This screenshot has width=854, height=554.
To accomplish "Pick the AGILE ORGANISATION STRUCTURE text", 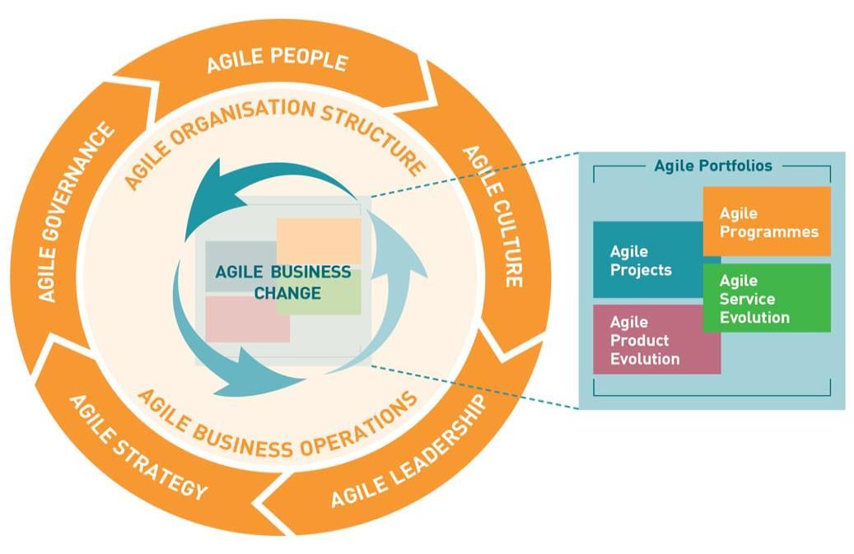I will click(275, 141).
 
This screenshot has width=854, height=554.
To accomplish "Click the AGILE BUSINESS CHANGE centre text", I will click(282, 282).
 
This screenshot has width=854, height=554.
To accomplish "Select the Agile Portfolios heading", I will click(713, 165).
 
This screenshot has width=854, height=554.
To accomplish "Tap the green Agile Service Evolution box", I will click(767, 299).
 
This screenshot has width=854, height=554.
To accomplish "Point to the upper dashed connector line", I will click(474, 175).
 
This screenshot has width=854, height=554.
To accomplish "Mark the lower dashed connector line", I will click(474, 386).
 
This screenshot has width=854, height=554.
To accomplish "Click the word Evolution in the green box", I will click(754, 318).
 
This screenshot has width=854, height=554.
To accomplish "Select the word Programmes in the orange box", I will click(769, 231).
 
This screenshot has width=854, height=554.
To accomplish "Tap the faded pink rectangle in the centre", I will click(245, 319).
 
